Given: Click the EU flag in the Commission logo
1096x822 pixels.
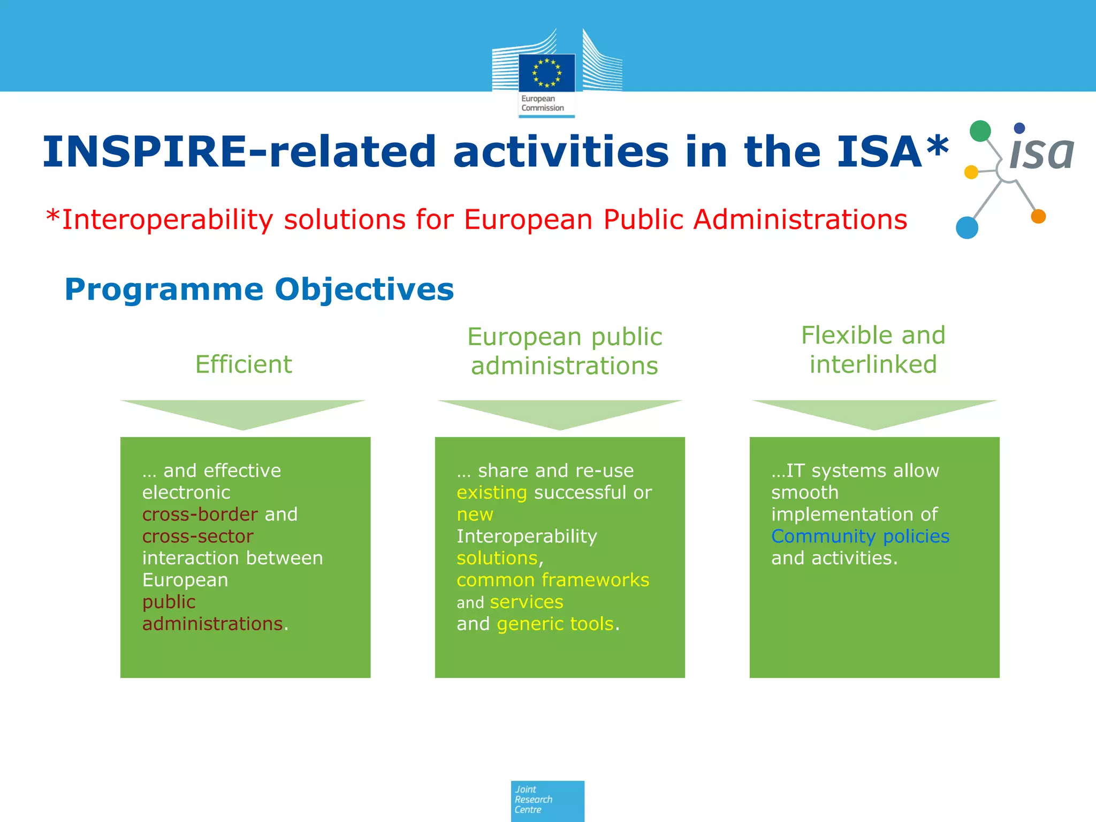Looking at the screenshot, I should [546, 73].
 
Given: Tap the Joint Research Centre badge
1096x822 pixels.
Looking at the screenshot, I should [547, 801].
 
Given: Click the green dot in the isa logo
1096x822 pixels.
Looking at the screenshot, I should [980, 131].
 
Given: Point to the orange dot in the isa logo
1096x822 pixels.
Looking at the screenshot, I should [1038, 216].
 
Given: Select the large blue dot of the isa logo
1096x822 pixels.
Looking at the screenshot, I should [967, 227].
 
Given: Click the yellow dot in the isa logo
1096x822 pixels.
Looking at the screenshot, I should [971, 172].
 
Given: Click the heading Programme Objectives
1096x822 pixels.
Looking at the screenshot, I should [259, 290].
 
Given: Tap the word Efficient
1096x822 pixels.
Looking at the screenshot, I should [243, 364].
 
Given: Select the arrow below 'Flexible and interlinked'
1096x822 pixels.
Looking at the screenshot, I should [874, 414].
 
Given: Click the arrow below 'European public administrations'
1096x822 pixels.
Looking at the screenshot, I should [560, 414].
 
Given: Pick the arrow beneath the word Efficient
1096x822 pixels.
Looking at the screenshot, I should [243, 414].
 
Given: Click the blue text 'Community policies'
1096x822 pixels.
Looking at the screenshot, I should [860, 536].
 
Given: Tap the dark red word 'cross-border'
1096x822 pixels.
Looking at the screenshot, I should [200, 514].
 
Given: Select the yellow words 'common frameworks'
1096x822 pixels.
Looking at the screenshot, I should [553, 580].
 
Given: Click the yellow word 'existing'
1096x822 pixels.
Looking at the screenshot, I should [492, 492].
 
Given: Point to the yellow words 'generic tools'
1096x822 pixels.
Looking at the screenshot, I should [555, 624].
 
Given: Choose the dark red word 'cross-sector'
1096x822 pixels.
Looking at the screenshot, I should [197, 536].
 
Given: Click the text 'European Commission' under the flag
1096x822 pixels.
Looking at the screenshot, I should [542, 103].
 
